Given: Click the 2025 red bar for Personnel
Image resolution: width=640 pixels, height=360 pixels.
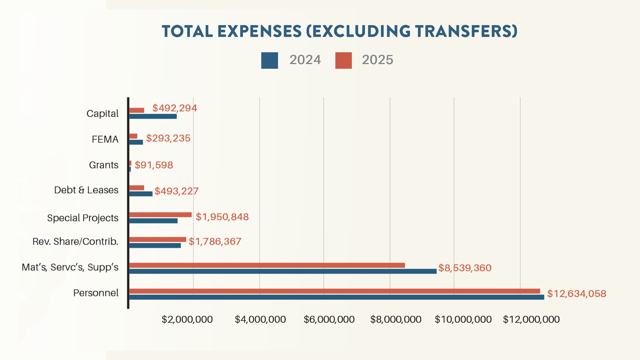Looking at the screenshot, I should [334, 291].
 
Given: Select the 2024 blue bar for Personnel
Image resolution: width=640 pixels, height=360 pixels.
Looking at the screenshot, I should [336, 297].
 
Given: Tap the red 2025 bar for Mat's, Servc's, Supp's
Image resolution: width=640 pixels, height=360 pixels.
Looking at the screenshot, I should [267, 265].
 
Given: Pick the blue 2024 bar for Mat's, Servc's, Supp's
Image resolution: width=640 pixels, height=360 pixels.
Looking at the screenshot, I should [283, 271].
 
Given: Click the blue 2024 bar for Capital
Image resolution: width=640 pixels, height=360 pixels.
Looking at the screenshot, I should [153, 116].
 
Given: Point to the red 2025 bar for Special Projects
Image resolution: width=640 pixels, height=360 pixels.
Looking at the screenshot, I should [160, 215].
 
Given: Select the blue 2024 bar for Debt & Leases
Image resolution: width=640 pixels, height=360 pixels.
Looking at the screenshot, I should [141, 194].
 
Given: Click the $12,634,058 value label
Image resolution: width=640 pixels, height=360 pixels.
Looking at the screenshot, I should [576, 294].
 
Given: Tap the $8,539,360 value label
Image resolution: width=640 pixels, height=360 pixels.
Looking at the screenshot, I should [465, 268].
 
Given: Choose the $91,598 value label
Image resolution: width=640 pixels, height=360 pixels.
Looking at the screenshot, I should [154, 165].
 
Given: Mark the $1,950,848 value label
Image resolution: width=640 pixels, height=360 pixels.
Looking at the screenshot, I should [222, 217].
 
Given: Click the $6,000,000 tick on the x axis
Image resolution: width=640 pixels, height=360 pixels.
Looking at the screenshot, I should [329, 319].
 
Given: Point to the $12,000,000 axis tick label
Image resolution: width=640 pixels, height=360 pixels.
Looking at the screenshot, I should [531, 319].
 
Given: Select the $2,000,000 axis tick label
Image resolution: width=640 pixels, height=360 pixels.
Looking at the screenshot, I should [187, 319].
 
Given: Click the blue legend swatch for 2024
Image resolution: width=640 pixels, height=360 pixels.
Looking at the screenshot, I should [269, 60].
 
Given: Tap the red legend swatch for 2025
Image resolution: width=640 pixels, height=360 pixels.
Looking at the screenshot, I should [343, 60].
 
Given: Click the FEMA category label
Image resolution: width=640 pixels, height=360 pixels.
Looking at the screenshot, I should [105, 139].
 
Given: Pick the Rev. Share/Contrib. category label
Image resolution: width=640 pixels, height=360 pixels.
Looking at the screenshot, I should [75, 241].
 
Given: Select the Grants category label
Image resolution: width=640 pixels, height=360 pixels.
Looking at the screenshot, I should [104, 165].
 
